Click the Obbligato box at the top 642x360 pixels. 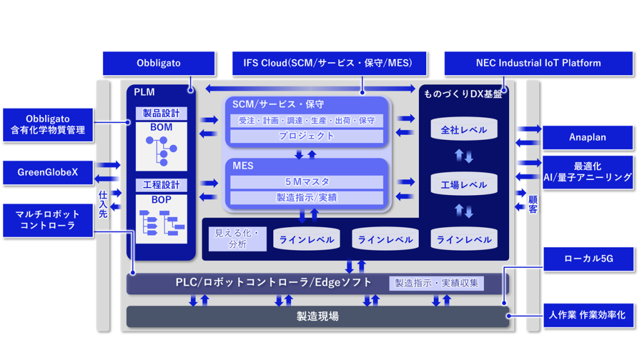[159, 63]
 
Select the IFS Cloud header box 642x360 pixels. [329, 63]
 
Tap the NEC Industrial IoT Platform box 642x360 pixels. [538, 63]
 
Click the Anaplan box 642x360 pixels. [587, 137]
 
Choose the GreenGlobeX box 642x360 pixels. [48, 172]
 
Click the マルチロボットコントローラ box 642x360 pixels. [48, 220]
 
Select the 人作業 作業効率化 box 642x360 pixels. [587, 315]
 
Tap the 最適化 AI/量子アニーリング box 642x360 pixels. [587, 172]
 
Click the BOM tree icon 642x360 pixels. [162, 151]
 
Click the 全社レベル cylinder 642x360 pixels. [464, 130]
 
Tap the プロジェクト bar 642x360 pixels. [307, 135]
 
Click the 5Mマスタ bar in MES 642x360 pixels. [307, 182]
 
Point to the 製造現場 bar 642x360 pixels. [317, 317]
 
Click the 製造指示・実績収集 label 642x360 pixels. [436, 283]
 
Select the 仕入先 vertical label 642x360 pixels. [103, 204]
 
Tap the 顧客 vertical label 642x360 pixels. [532, 204]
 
